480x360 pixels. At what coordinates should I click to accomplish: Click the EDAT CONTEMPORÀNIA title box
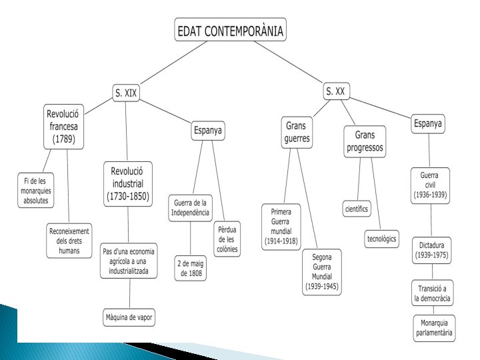pyautogui.click(x=229, y=30)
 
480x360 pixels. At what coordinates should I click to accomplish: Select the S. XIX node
pyautogui.click(x=125, y=93)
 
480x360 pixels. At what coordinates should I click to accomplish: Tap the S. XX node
pyautogui.click(x=335, y=91)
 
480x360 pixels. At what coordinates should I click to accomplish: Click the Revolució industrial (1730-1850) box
pyautogui.click(x=129, y=183)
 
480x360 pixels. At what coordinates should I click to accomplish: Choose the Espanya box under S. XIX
pyautogui.click(x=207, y=131)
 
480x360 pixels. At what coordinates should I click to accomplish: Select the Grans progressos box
pyautogui.click(x=365, y=141)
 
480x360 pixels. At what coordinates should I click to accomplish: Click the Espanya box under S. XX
pyautogui.click(x=428, y=123)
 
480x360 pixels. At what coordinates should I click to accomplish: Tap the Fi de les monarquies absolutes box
pyautogui.click(x=36, y=190)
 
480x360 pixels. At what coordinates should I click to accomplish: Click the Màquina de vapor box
pyautogui.click(x=129, y=317)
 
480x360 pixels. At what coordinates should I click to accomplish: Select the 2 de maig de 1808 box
pyautogui.click(x=191, y=269)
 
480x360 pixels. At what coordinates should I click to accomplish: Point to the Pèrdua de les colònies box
pyautogui.click(x=227, y=240)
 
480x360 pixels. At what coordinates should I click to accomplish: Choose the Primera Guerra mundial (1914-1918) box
pyautogui.click(x=281, y=226)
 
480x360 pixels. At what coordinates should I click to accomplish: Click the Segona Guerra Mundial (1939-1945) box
pyautogui.click(x=322, y=271)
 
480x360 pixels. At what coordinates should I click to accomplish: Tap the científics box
pyautogui.click(x=357, y=209)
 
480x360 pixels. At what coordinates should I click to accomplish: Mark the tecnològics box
pyautogui.click(x=382, y=239)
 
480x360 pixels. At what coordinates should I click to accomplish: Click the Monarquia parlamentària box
pyautogui.click(x=434, y=327)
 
